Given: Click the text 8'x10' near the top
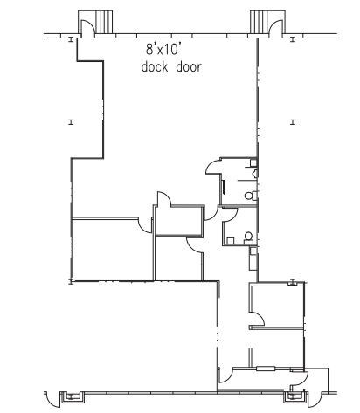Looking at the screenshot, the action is [162, 49].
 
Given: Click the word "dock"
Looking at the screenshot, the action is [155, 67].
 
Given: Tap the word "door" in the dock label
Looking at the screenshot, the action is [189, 67].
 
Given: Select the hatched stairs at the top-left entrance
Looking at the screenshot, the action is [104, 22].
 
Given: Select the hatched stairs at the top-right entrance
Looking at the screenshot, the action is [260, 22].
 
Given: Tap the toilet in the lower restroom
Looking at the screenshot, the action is [249, 237].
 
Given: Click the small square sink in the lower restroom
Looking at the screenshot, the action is [231, 241].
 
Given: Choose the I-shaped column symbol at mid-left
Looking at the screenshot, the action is [71, 122].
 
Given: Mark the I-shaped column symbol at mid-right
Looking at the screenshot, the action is [293, 122].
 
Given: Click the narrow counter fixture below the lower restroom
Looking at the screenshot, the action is [253, 258].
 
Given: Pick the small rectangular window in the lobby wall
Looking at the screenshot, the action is [266, 368].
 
